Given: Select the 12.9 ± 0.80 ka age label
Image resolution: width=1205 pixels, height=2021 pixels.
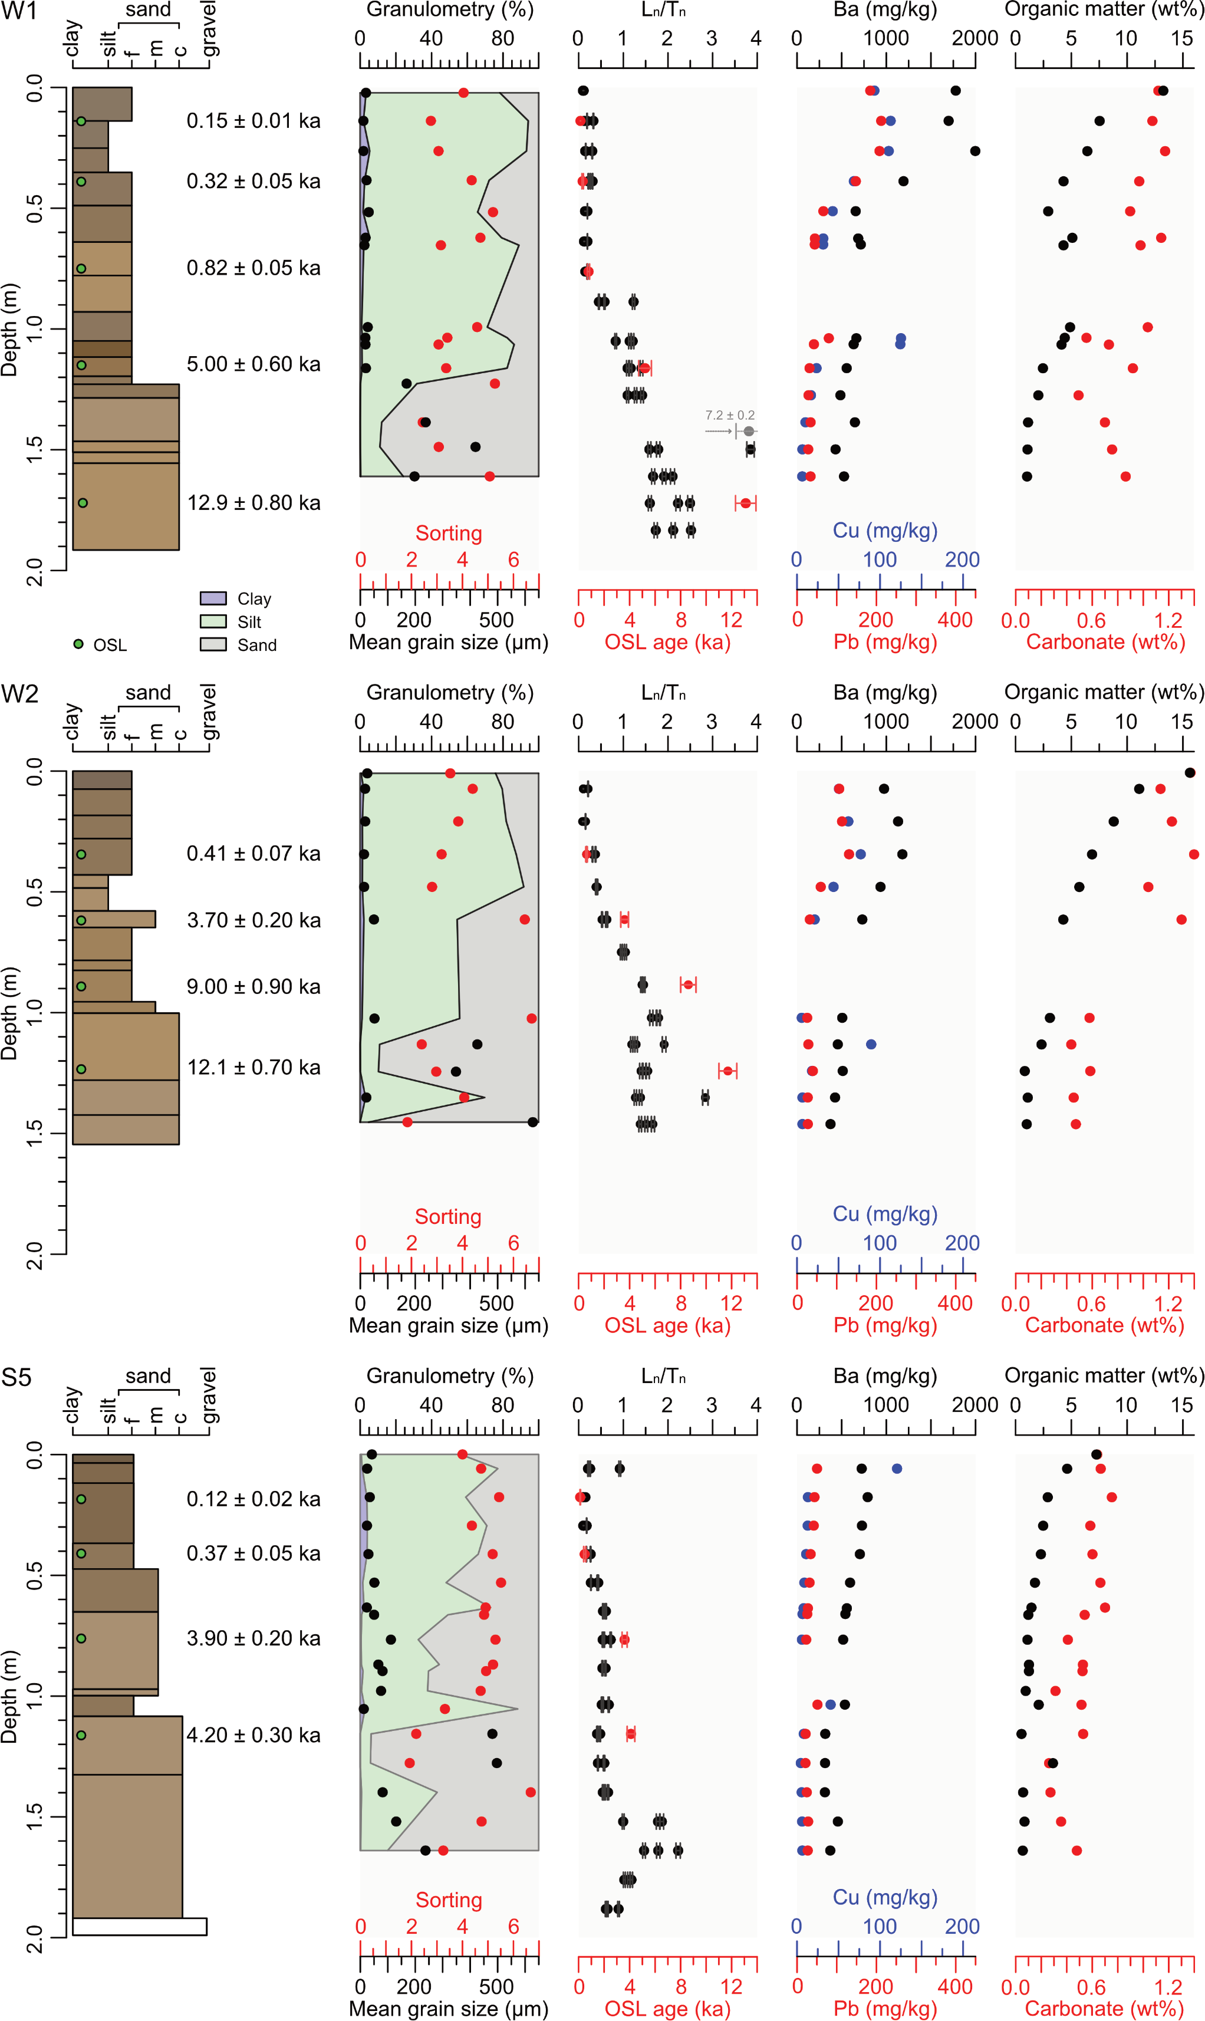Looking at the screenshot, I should point(253,503).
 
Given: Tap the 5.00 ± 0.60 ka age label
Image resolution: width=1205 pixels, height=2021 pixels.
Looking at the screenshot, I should point(253,364).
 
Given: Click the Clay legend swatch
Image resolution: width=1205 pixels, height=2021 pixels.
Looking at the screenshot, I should point(213,598).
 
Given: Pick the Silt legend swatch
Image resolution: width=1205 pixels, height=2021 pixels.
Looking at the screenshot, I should point(213,621).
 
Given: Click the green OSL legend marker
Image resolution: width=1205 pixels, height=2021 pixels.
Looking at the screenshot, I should point(78,644).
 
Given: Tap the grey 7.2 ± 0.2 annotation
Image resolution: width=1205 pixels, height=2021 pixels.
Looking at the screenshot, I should point(729,416).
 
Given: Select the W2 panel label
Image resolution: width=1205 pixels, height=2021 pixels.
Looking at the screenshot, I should point(20,694).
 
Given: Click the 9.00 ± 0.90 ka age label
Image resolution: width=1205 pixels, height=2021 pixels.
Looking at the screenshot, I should point(253,986).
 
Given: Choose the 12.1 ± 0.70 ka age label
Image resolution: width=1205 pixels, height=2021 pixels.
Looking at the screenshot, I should point(253,1067).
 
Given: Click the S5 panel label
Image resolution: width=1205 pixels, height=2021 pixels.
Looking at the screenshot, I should point(17,1378).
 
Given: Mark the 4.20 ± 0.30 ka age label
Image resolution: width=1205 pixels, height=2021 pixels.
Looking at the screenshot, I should point(253,1735).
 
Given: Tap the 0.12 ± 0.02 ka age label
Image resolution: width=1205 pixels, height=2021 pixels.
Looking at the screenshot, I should point(253,1499).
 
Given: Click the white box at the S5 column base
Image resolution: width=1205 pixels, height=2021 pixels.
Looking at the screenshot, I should point(140,1927).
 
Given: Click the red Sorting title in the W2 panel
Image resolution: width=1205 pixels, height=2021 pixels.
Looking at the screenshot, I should point(448,1216).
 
